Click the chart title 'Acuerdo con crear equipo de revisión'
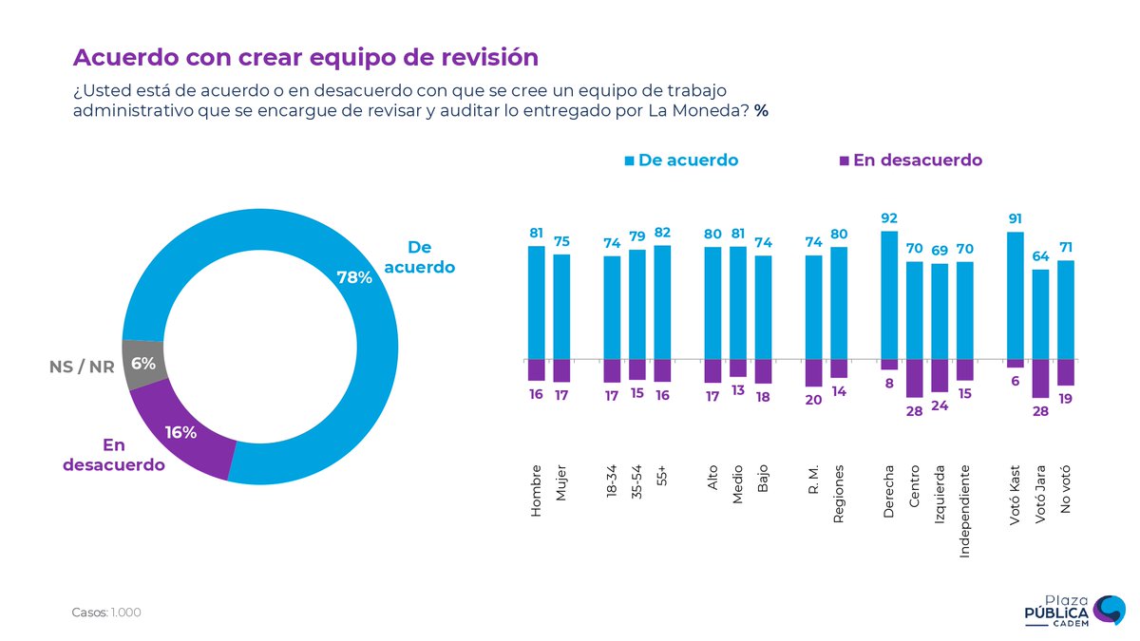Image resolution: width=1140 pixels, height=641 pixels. pyautogui.click(x=306, y=57)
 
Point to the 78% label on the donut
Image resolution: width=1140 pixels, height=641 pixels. pyautogui.click(x=353, y=276)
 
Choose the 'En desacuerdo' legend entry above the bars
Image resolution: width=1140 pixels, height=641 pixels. pyautogui.click(x=910, y=160)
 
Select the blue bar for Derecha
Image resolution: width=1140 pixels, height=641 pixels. pyautogui.click(x=888, y=295)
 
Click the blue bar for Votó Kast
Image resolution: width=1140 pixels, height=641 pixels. pyautogui.click(x=1016, y=295)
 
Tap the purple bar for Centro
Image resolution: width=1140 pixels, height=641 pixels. pyautogui.click(x=914, y=378)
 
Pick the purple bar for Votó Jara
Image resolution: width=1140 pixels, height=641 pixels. pyautogui.click(x=1040, y=378)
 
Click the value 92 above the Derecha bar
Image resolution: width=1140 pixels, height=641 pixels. pyautogui.click(x=888, y=218)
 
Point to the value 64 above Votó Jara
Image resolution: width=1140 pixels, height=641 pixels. pyautogui.click(x=1040, y=256)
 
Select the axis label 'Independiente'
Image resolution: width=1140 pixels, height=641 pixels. pyautogui.click(x=964, y=510)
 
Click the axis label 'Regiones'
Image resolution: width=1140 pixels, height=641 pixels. pyautogui.click(x=838, y=494)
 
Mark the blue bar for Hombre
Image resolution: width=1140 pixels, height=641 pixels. pyautogui.click(x=536, y=302)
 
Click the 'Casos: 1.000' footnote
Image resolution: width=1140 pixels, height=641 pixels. pyautogui.click(x=106, y=613)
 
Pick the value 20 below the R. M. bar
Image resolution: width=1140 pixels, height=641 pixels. pyautogui.click(x=813, y=400)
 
